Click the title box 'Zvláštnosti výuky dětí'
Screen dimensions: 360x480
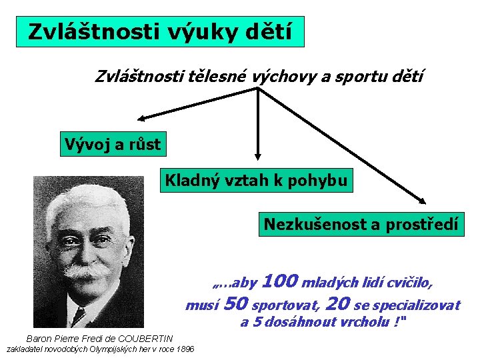(160, 32)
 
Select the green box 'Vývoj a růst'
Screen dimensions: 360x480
(112, 143)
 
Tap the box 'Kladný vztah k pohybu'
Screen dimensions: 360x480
(256, 181)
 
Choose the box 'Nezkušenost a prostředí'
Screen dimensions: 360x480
(361, 224)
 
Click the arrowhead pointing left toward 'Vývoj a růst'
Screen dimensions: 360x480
(141, 119)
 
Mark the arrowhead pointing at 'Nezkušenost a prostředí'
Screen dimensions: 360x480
(422, 199)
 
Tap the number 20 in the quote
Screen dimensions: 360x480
(338, 305)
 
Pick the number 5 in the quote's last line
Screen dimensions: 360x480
(261, 323)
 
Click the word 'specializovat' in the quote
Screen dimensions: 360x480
(416, 305)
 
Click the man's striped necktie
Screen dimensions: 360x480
(79, 316)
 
